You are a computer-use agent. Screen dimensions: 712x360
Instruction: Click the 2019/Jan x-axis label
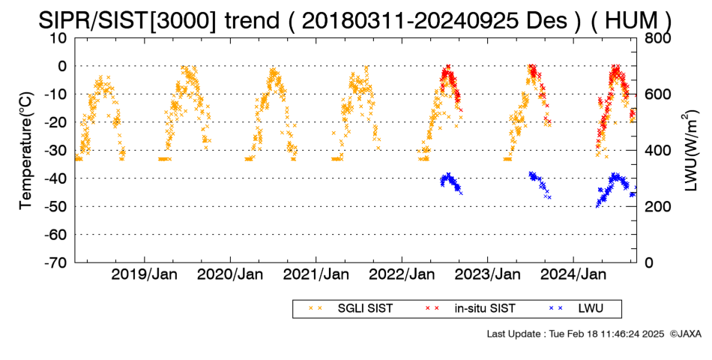pyautogui.click(x=145, y=274)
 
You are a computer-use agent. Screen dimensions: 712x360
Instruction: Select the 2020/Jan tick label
pyautogui.click(x=230, y=274)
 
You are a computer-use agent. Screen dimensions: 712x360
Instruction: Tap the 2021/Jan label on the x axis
pyautogui.click(x=316, y=274)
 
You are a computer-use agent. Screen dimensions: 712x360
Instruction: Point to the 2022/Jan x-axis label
pyautogui.click(x=402, y=274)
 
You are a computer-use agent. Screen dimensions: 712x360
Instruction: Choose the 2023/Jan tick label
pyautogui.click(x=488, y=274)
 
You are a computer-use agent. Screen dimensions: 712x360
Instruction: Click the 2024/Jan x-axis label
pyautogui.click(x=573, y=274)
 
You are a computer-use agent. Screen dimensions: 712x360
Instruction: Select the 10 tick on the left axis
pyautogui.click(x=58, y=38)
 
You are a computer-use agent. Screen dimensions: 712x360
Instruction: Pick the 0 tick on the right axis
pyautogui.click(x=649, y=262)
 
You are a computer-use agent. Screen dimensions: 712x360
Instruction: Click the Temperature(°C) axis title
pyautogui.click(x=26, y=151)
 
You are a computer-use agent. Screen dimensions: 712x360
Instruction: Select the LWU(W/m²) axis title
pyautogui.click(x=690, y=151)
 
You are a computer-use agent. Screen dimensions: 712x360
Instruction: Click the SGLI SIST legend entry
pyautogui.click(x=351, y=309)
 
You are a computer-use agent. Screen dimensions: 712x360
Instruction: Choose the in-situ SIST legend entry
pyautogui.click(x=470, y=309)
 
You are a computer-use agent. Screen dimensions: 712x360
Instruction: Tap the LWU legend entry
pyautogui.click(x=576, y=309)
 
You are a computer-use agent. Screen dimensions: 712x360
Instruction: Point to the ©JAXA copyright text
pyautogui.click(x=686, y=334)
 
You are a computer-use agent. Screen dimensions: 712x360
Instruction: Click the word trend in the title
pyautogui.click(x=252, y=20)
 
